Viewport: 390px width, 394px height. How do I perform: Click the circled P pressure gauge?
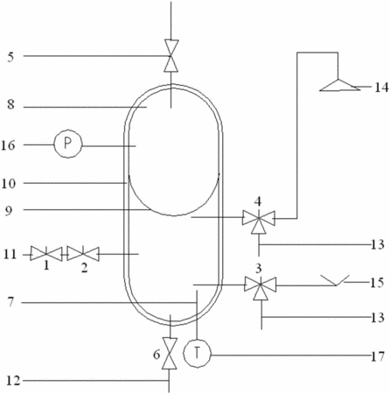68,144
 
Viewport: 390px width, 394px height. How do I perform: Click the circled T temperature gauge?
197,354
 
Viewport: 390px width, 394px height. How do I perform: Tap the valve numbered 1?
46,253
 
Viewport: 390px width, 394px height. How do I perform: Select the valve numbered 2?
83,254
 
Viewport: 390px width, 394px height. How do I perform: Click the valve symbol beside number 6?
170,354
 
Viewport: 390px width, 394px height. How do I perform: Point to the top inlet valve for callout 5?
171,56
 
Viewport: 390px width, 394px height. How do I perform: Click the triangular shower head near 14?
339,85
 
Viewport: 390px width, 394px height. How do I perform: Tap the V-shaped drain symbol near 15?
335,280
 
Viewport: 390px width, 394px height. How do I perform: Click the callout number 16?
8,145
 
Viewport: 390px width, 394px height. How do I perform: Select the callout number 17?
378,356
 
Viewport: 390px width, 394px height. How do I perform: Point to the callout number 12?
13,381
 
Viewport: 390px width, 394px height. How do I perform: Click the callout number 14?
381,88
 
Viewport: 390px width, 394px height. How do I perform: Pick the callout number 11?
10,255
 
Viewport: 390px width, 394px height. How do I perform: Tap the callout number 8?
10,104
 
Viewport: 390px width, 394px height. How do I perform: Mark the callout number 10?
9,184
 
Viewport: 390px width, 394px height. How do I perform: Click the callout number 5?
10,57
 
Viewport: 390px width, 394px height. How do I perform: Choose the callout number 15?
377,283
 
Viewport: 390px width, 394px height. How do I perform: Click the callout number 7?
10,302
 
